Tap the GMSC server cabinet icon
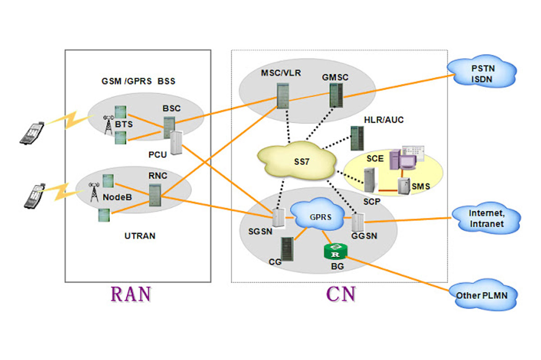pyautogui.click(x=336, y=95)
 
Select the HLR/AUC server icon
pyautogui.click(x=357, y=138)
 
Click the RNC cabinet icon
pyautogui.click(x=155, y=195)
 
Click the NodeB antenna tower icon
pyautogui.click(x=94, y=192)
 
